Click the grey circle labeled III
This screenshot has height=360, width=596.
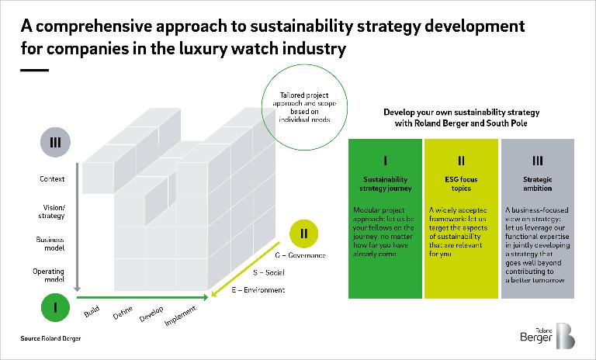pos(56,144)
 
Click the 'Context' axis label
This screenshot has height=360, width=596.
pos(52,179)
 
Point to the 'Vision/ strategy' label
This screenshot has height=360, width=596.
pos(51,212)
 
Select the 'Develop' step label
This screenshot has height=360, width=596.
pos(152,317)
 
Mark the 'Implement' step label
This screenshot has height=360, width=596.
pos(183,320)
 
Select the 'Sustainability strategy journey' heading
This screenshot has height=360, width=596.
pos(385,183)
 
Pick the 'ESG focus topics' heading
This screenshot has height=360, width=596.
pos(461,183)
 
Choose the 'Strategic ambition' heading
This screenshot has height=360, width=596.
pos(537,183)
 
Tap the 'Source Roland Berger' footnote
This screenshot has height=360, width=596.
pos(50,339)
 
